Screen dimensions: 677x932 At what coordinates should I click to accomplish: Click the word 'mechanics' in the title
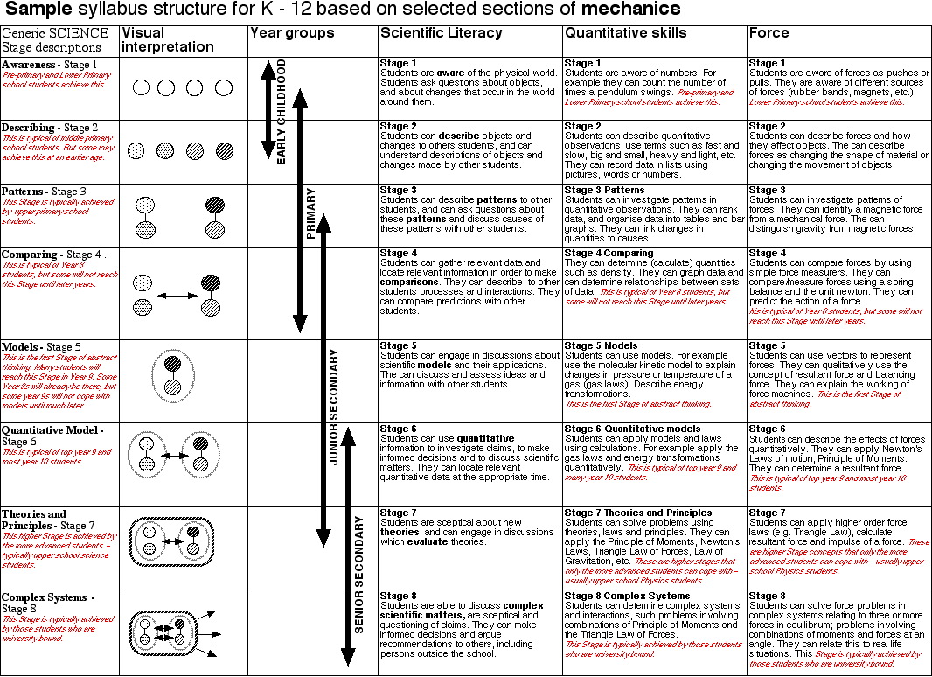629,10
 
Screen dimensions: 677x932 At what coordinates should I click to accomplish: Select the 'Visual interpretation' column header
167,40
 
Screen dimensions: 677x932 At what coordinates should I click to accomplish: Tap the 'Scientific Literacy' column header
442,33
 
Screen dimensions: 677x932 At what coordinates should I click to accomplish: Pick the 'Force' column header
769,33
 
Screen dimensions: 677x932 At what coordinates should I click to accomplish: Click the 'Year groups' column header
292,33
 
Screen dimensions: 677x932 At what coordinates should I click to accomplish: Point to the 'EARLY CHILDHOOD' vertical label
282,112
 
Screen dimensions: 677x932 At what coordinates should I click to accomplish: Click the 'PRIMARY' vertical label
310,213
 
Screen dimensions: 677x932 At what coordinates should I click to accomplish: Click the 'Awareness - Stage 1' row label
49,65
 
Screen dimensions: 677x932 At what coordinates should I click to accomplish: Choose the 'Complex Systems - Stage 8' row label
48,603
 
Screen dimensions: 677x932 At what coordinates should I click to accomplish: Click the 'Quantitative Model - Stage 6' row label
52,436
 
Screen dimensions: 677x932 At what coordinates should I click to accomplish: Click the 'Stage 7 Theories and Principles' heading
638,513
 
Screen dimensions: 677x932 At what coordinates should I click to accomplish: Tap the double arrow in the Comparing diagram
177,297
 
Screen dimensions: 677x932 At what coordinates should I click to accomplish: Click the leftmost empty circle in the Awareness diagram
141,87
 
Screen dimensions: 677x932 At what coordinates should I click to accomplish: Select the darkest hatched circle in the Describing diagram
225,150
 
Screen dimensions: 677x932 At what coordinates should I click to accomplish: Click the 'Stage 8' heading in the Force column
768,596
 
